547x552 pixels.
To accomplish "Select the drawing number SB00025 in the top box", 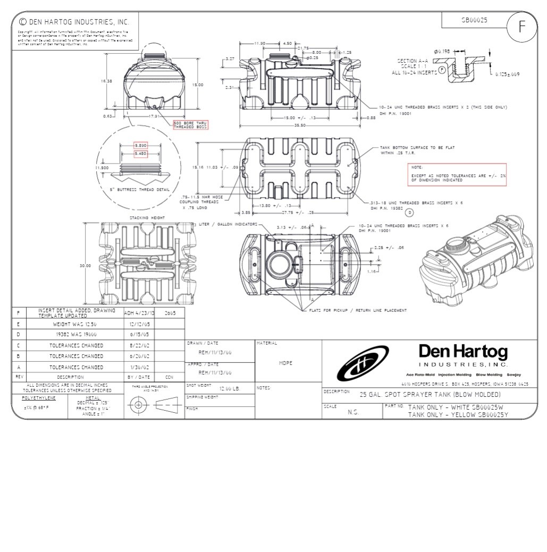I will (474, 20).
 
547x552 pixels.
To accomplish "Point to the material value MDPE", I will (286, 363).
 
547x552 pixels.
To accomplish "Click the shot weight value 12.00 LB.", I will (230, 389).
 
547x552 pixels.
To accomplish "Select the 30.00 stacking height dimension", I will (85, 265).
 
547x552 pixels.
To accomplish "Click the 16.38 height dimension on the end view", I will (106, 81).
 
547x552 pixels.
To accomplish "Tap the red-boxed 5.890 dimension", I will (140, 145).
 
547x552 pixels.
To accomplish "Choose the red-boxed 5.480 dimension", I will (140, 154).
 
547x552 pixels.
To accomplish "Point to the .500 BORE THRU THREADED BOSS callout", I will (191, 125).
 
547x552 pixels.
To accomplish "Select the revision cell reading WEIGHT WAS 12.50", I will (74, 324).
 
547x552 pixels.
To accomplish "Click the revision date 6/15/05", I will (139, 334).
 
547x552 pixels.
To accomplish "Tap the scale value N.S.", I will (353, 412).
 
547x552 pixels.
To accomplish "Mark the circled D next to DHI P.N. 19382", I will (409, 213).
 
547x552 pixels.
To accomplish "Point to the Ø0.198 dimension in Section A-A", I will (442, 51).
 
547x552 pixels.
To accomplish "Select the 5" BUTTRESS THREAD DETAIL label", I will (140, 189).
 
